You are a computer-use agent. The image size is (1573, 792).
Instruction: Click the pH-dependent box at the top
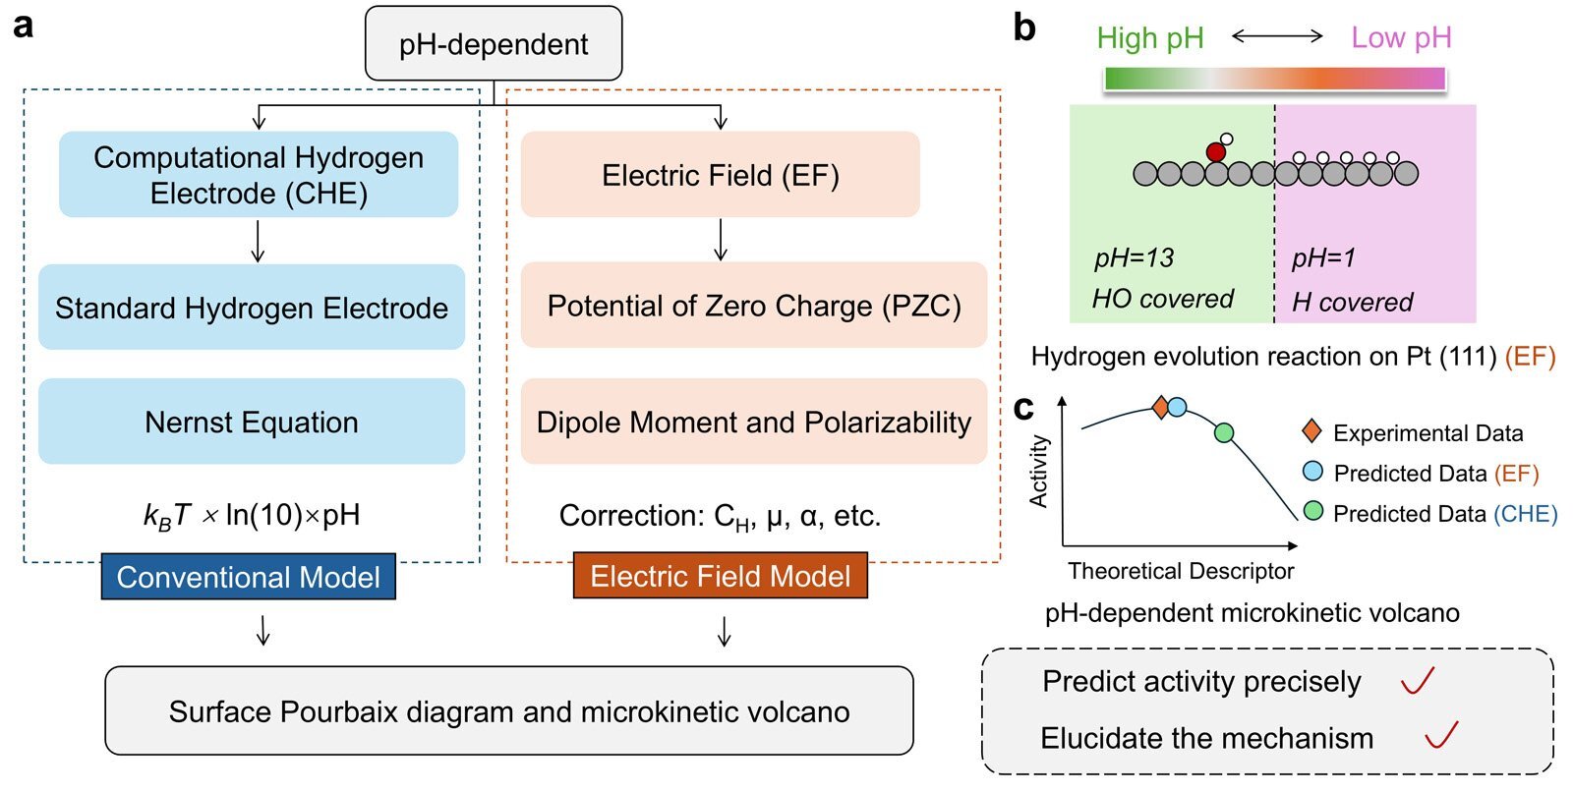[x=494, y=44]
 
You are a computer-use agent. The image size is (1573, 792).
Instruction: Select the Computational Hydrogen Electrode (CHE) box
[x=259, y=175]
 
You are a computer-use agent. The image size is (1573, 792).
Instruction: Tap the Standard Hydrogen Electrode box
[x=252, y=308]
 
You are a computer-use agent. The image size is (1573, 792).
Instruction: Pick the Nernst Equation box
[x=252, y=422]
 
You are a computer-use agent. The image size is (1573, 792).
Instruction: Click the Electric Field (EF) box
[x=721, y=175]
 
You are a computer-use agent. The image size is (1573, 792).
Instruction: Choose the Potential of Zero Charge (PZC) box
[x=754, y=306]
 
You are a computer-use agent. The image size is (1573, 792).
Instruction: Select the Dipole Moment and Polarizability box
[x=754, y=422]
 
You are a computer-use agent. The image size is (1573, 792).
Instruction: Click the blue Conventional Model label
[x=249, y=577]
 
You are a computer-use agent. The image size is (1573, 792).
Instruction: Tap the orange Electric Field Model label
[x=721, y=576]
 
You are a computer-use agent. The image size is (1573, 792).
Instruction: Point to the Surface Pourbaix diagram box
[x=509, y=711]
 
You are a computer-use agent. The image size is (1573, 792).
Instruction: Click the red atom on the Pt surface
[x=1216, y=152]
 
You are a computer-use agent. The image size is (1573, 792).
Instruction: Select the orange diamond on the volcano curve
[x=1160, y=407]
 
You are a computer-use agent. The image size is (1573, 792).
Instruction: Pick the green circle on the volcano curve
[x=1224, y=432]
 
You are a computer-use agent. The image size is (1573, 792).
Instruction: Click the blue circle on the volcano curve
[x=1177, y=407]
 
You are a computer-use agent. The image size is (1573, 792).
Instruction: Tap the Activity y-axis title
[x=1038, y=472]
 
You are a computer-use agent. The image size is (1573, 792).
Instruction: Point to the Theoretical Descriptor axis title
[x=1181, y=571]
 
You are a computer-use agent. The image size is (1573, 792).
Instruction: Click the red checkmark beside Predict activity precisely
[x=1418, y=680]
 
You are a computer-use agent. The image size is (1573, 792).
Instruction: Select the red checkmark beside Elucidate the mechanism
[x=1441, y=734]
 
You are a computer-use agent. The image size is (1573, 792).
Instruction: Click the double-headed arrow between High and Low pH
[x=1277, y=37]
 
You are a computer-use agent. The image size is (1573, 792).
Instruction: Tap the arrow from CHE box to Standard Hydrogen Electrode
[x=259, y=241]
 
